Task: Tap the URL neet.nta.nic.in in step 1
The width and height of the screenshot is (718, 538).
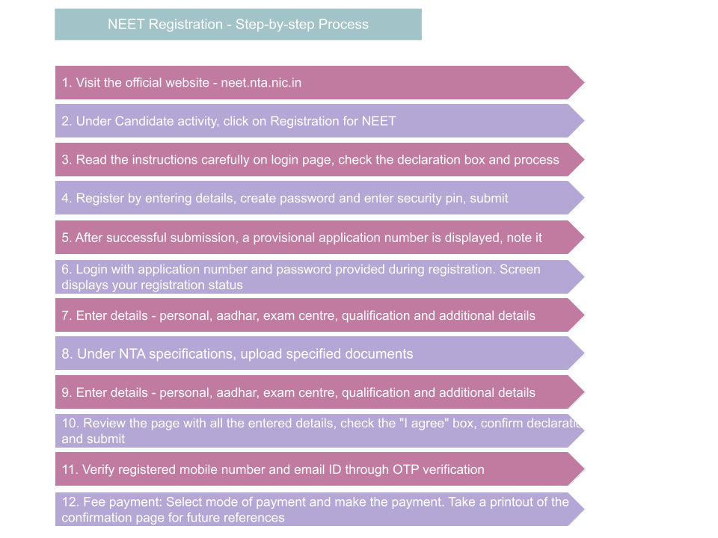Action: click(261, 83)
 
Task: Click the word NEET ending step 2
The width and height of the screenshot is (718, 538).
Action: click(378, 121)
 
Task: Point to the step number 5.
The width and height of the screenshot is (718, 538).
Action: click(66, 238)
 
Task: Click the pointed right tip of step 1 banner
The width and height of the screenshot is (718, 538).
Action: click(582, 83)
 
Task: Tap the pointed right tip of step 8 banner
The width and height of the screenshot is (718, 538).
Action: click(582, 353)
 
